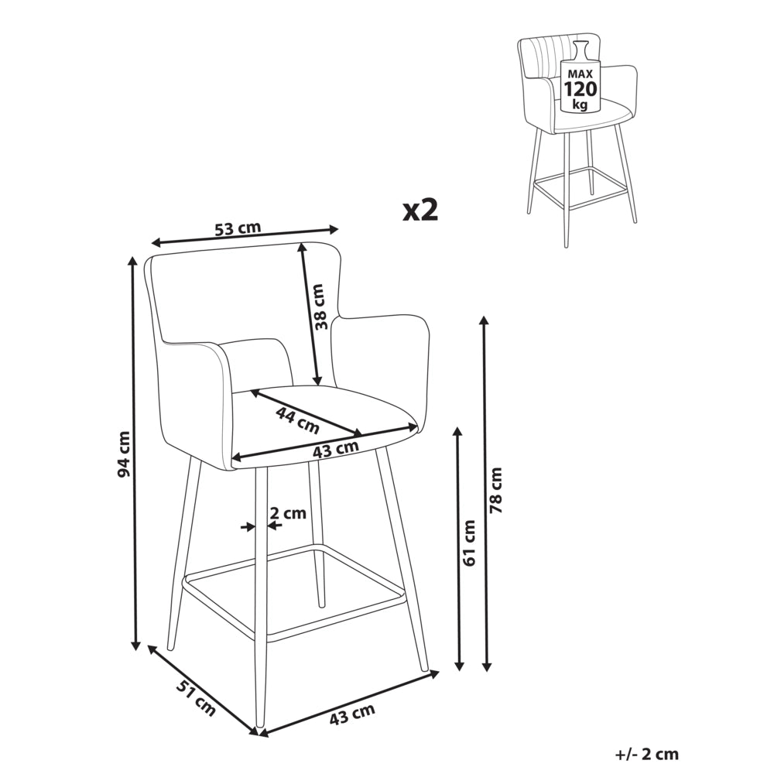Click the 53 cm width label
pyautogui.click(x=238, y=228)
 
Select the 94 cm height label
pyautogui.click(x=123, y=454)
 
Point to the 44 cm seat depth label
pyautogui.click(x=297, y=420)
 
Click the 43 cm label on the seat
pyautogui.click(x=336, y=449)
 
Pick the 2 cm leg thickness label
pyautogui.click(x=288, y=513)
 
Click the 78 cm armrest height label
pyautogui.click(x=495, y=490)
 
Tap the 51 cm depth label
pyautogui.click(x=196, y=697)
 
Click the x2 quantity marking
pyautogui.click(x=420, y=211)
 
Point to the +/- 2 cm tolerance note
pyautogui.click(x=647, y=754)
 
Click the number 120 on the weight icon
pyautogui.click(x=580, y=89)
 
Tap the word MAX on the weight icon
pyautogui.click(x=580, y=74)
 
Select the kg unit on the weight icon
pyautogui.click(x=580, y=104)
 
